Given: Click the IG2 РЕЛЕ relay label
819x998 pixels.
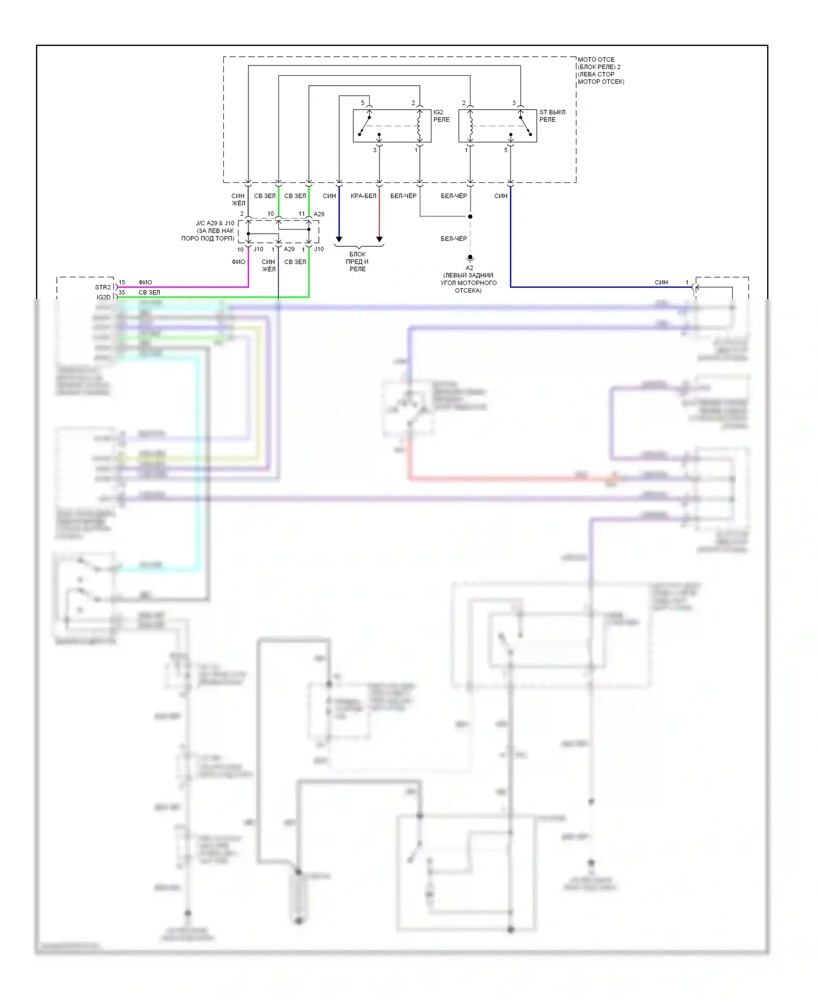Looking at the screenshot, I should click(x=441, y=116).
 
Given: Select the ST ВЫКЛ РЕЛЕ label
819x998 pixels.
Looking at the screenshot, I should click(x=552, y=116).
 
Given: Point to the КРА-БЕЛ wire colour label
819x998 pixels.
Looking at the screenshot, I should click(x=364, y=196).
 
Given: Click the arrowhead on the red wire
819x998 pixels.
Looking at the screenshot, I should click(x=379, y=239).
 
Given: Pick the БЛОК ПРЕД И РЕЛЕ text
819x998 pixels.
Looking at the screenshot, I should click(x=358, y=262).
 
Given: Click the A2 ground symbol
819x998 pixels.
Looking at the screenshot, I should click(x=470, y=258).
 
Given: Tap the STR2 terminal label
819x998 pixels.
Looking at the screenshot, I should click(x=103, y=287).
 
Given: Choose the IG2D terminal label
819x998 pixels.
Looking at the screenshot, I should click(x=103, y=298).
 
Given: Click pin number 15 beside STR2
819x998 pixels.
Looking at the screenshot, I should click(x=122, y=283).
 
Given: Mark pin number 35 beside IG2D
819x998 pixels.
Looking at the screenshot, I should click(x=122, y=293).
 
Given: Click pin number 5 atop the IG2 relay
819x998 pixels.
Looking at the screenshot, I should click(x=363, y=103).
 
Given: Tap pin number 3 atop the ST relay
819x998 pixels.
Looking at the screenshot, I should click(x=514, y=103).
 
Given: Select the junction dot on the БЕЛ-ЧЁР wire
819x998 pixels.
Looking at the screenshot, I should click(x=470, y=217).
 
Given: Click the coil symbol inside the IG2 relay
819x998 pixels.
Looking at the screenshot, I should click(x=419, y=126).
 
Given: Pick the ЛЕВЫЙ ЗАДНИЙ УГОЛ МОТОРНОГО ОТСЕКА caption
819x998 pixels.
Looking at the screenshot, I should click(x=468, y=283).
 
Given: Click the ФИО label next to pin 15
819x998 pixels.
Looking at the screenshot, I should click(x=145, y=283).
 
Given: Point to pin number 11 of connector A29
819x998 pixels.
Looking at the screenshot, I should click(x=301, y=214).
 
